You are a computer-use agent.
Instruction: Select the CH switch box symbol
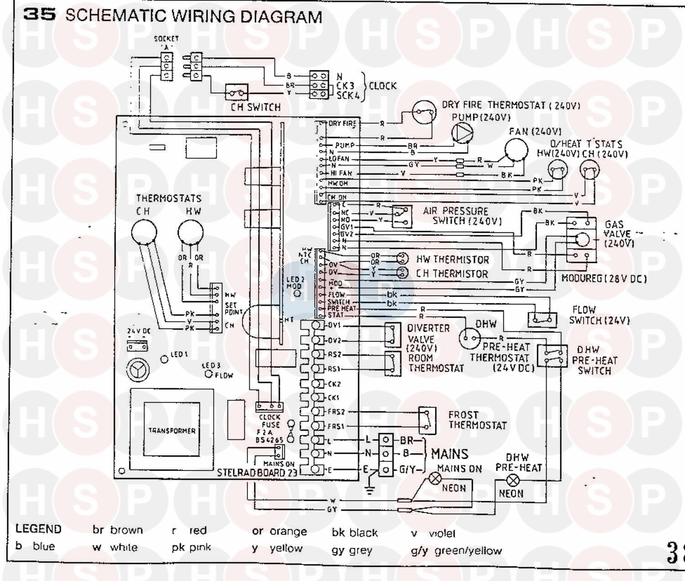pos(237,93)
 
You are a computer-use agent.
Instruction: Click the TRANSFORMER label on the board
pos(172,430)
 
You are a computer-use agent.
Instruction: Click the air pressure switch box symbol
pos(401,216)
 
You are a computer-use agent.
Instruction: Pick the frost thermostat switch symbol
pos(427,419)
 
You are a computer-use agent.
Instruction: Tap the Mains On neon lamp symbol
pos(434,479)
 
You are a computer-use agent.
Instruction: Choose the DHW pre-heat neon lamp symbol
pos(511,480)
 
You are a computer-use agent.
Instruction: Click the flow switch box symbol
pos(542,319)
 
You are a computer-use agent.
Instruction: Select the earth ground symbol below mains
pos(370,490)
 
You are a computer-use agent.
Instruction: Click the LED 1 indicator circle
pos(164,359)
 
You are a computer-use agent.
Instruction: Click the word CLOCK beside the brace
pos(383,86)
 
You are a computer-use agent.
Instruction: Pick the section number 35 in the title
pos(40,15)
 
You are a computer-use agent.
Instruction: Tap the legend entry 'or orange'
pos(279,532)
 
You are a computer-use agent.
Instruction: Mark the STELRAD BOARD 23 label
pos(257,472)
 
